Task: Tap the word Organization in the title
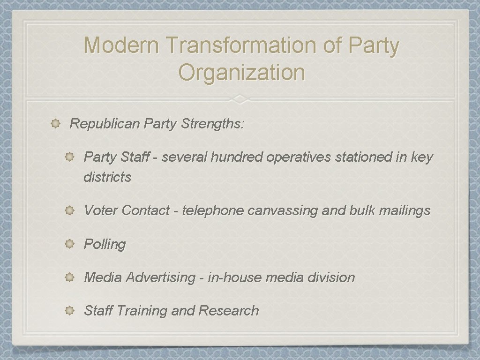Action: click(x=242, y=72)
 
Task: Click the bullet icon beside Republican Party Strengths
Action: click(x=55, y=124)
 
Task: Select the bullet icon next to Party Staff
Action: click(x=69, y=157)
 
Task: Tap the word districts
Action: click(x=107, y=177)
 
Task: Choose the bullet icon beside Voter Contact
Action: click(x=69, y=210)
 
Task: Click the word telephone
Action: click(x=213, y=210)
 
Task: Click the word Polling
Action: click(x=105, y=244)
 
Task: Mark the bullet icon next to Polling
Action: click(x=69, y=244)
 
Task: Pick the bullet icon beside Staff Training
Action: click(x=69, y=311)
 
